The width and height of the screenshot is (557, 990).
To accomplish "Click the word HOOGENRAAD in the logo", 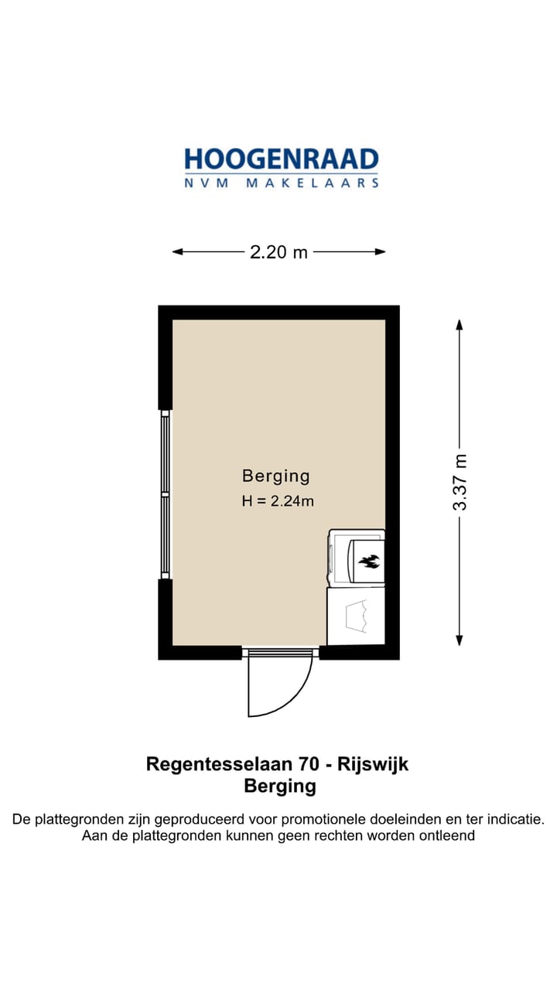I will (281, 159).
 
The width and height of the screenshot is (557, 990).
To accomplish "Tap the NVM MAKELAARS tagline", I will (281, 183).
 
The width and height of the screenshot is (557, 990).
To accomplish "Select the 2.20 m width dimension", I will (278, 252).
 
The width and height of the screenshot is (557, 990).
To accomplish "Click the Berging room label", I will (276, 476).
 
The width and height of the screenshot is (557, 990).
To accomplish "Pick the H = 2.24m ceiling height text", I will (278, 500).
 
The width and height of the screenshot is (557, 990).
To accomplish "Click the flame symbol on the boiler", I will (369, 559).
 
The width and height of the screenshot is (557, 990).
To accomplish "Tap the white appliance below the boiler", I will (356, 616).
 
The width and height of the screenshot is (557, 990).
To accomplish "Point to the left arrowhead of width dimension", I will (177, 252).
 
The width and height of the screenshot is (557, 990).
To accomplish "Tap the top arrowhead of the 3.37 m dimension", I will (460, 325).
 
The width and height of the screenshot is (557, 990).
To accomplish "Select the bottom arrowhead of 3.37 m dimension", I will (460, 640).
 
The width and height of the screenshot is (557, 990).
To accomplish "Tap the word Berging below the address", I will (280, 787).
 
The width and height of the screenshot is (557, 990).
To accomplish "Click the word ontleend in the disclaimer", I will (447, 836).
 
